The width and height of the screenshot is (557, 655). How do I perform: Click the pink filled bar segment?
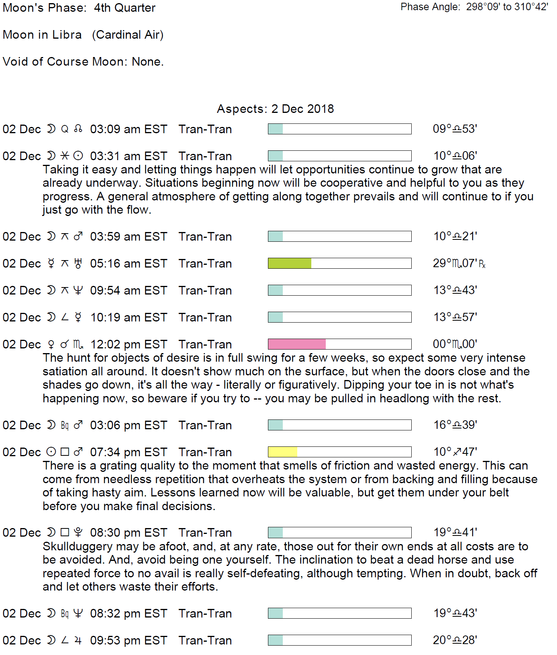(x=296, y=344)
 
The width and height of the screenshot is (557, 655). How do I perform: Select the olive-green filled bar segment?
(x=289, y=263)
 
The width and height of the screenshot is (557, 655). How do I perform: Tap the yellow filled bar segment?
(x=282, y=452)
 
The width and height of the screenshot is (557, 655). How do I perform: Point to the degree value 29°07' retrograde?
(x=459, y=263)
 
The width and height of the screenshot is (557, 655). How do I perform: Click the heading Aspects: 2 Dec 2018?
(x=275, y=109)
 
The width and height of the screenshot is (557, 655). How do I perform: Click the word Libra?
(x=67, y=35)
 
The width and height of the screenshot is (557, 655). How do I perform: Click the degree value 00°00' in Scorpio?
(x=455, y=344)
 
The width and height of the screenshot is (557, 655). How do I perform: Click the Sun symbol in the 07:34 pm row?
(x=51, y=452)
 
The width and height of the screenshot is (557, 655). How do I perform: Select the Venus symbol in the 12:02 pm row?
(x=51, y=344)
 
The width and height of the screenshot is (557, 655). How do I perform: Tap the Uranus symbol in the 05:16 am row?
(x=78, y=264)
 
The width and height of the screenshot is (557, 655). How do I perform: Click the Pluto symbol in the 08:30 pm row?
(x=78, y=532)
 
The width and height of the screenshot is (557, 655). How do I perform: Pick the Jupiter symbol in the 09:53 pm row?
(x=78, y=641)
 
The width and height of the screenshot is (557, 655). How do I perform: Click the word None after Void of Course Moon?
(x=146, y=62)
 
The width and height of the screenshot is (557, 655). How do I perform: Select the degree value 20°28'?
(x=455, y=640)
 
